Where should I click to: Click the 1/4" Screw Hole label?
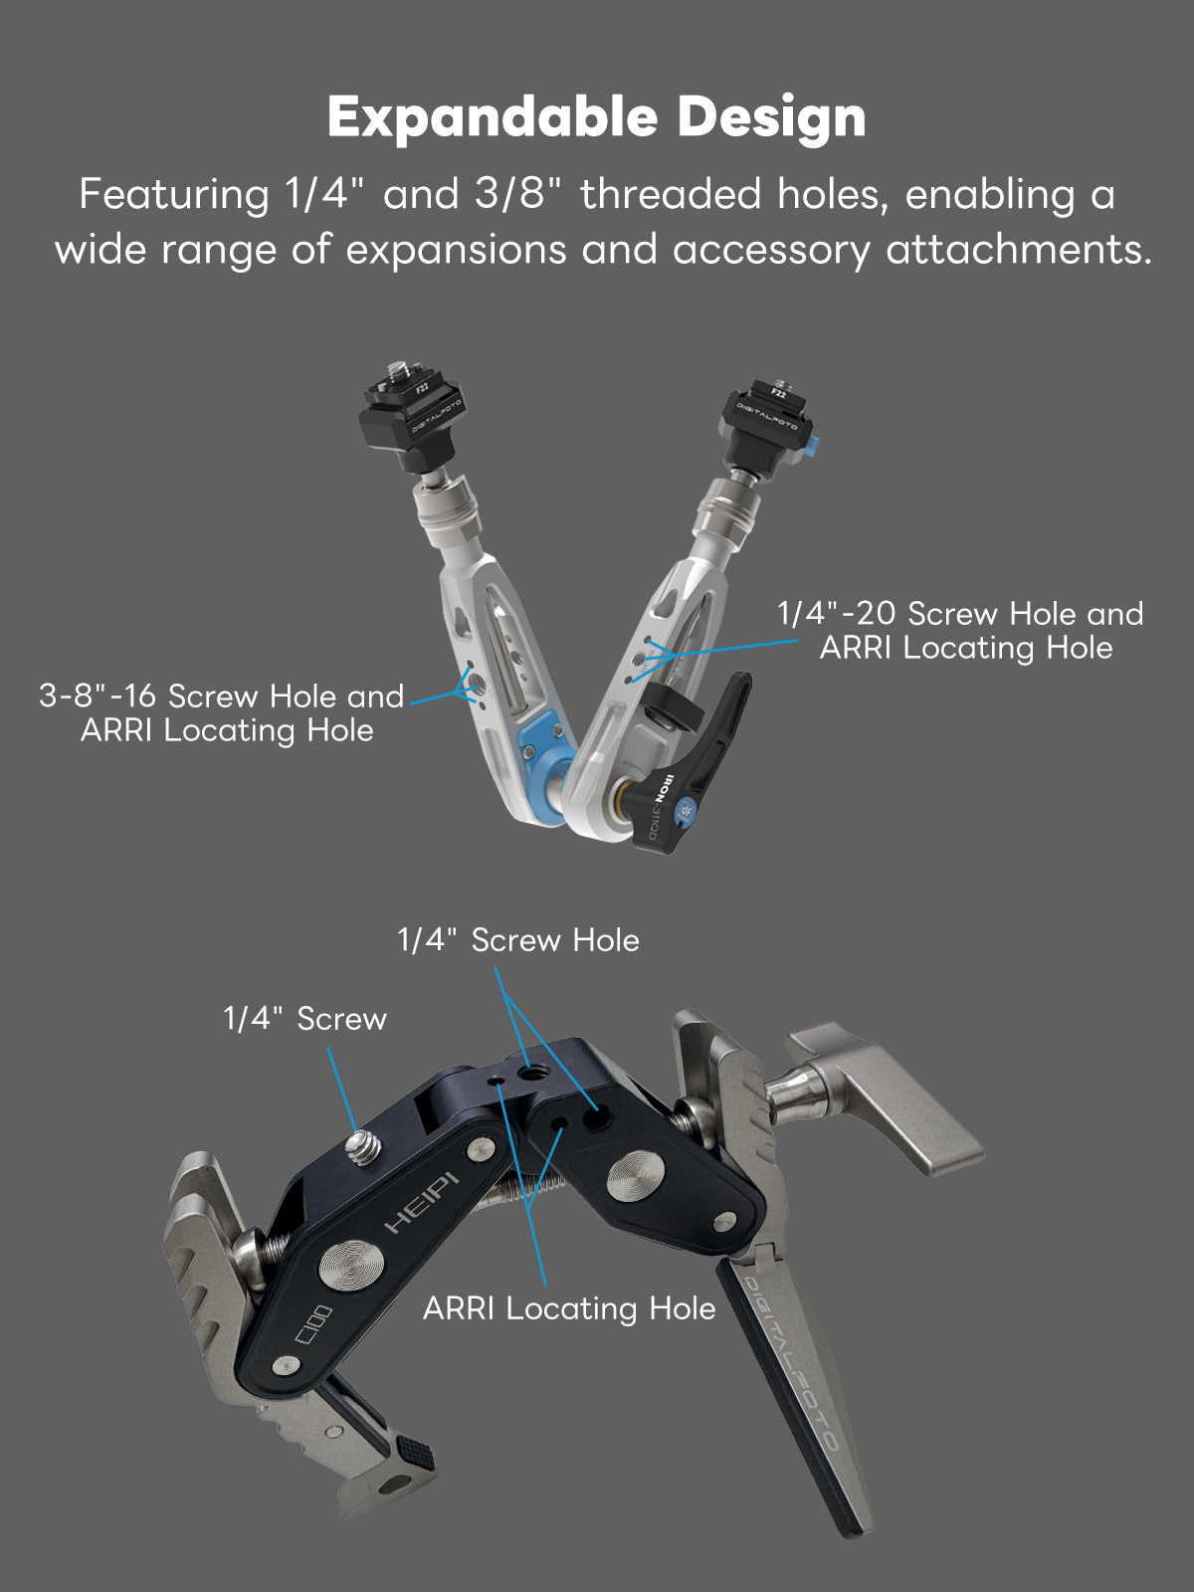[518, 940]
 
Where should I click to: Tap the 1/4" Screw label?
[304, 1019]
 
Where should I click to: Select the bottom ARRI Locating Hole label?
[569, 1309]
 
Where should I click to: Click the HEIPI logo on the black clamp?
[422, 1202]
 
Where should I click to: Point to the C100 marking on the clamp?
[313, 1323]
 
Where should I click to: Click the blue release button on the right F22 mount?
[817, 443]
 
